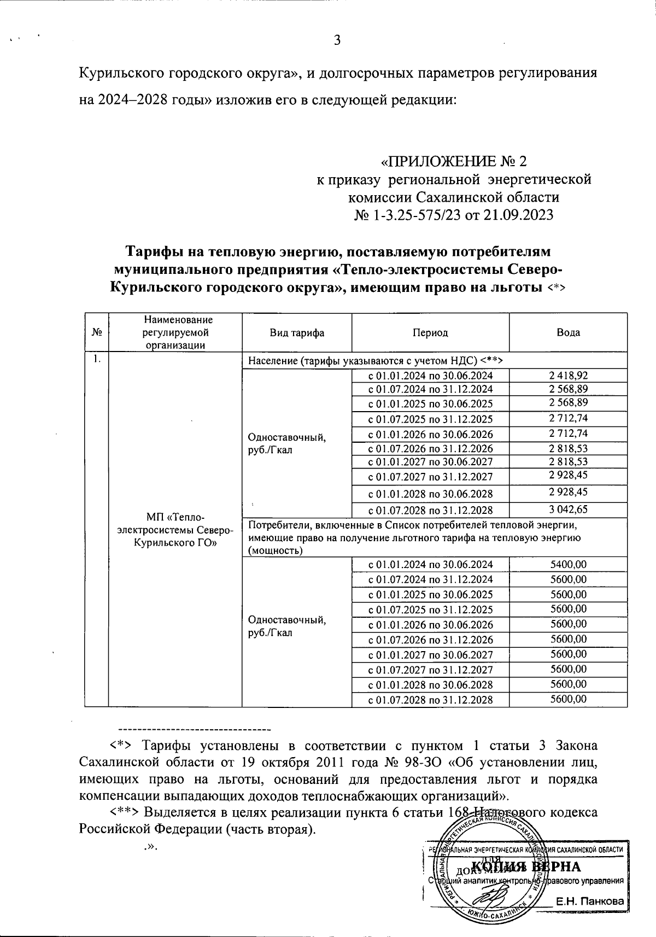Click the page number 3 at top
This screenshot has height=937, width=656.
[x=337, y=40]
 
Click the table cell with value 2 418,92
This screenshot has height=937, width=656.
[x=568, y=375]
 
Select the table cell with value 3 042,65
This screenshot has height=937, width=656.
[x=568, y=510]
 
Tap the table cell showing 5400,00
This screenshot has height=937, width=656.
[x=568, y=564]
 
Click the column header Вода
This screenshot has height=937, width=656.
[x=569, y=332]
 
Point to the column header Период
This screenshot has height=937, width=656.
[x=430, y=332]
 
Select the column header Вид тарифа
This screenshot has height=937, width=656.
[x=297, y=332]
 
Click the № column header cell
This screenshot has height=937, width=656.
[x=96, y=332]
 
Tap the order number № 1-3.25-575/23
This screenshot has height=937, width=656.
[x=407, y=215]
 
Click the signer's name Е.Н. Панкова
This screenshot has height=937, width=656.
[x=589, y=902]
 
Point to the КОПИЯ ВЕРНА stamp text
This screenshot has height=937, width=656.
[x=525, y=867]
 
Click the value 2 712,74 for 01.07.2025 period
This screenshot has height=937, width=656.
[x=568, y=418]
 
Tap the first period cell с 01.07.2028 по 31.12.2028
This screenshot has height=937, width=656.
[x=430, y=510]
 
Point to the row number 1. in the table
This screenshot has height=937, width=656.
[x=96, y=359]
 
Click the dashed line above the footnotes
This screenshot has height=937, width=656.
[x=195, y=729]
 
